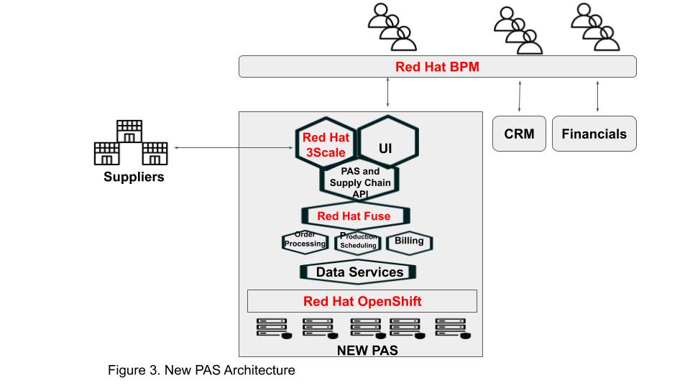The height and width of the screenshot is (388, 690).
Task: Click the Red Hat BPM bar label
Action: (437, 67)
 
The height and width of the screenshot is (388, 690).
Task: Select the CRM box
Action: (519, 134)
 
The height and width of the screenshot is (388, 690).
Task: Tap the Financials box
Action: (594, 134)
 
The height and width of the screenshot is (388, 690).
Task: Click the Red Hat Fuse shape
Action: (354, 216)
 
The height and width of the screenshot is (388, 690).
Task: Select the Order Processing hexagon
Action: (305, 241)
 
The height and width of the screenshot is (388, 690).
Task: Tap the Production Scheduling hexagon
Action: (358, 242)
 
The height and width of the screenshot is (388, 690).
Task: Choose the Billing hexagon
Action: (409, 241)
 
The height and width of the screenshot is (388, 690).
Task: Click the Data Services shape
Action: (356, 272)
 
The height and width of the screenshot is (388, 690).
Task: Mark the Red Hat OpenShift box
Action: (362, 300)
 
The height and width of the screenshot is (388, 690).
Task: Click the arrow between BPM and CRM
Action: (519, 96)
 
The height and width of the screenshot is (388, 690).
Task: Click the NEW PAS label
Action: (367, 351)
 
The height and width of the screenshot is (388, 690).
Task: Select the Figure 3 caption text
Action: (201, 371)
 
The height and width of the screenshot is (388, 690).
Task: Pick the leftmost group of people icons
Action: (392, 27)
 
